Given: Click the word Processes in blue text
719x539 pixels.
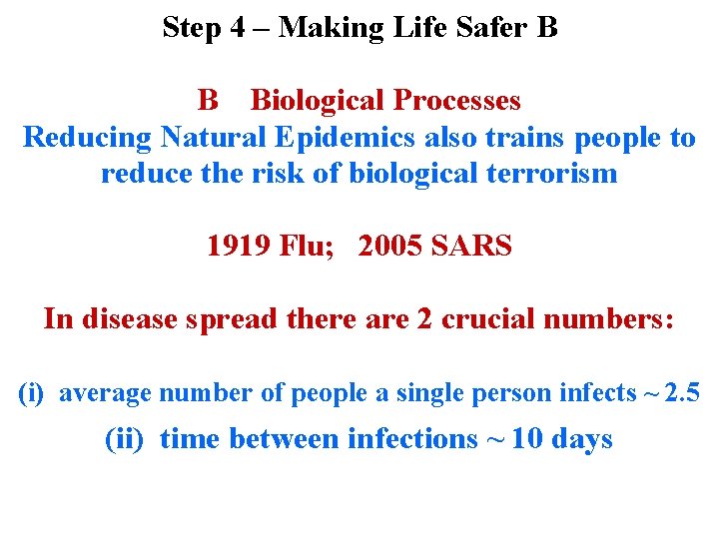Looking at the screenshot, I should [457, 101].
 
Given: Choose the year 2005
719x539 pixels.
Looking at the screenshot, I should [390, 246].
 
